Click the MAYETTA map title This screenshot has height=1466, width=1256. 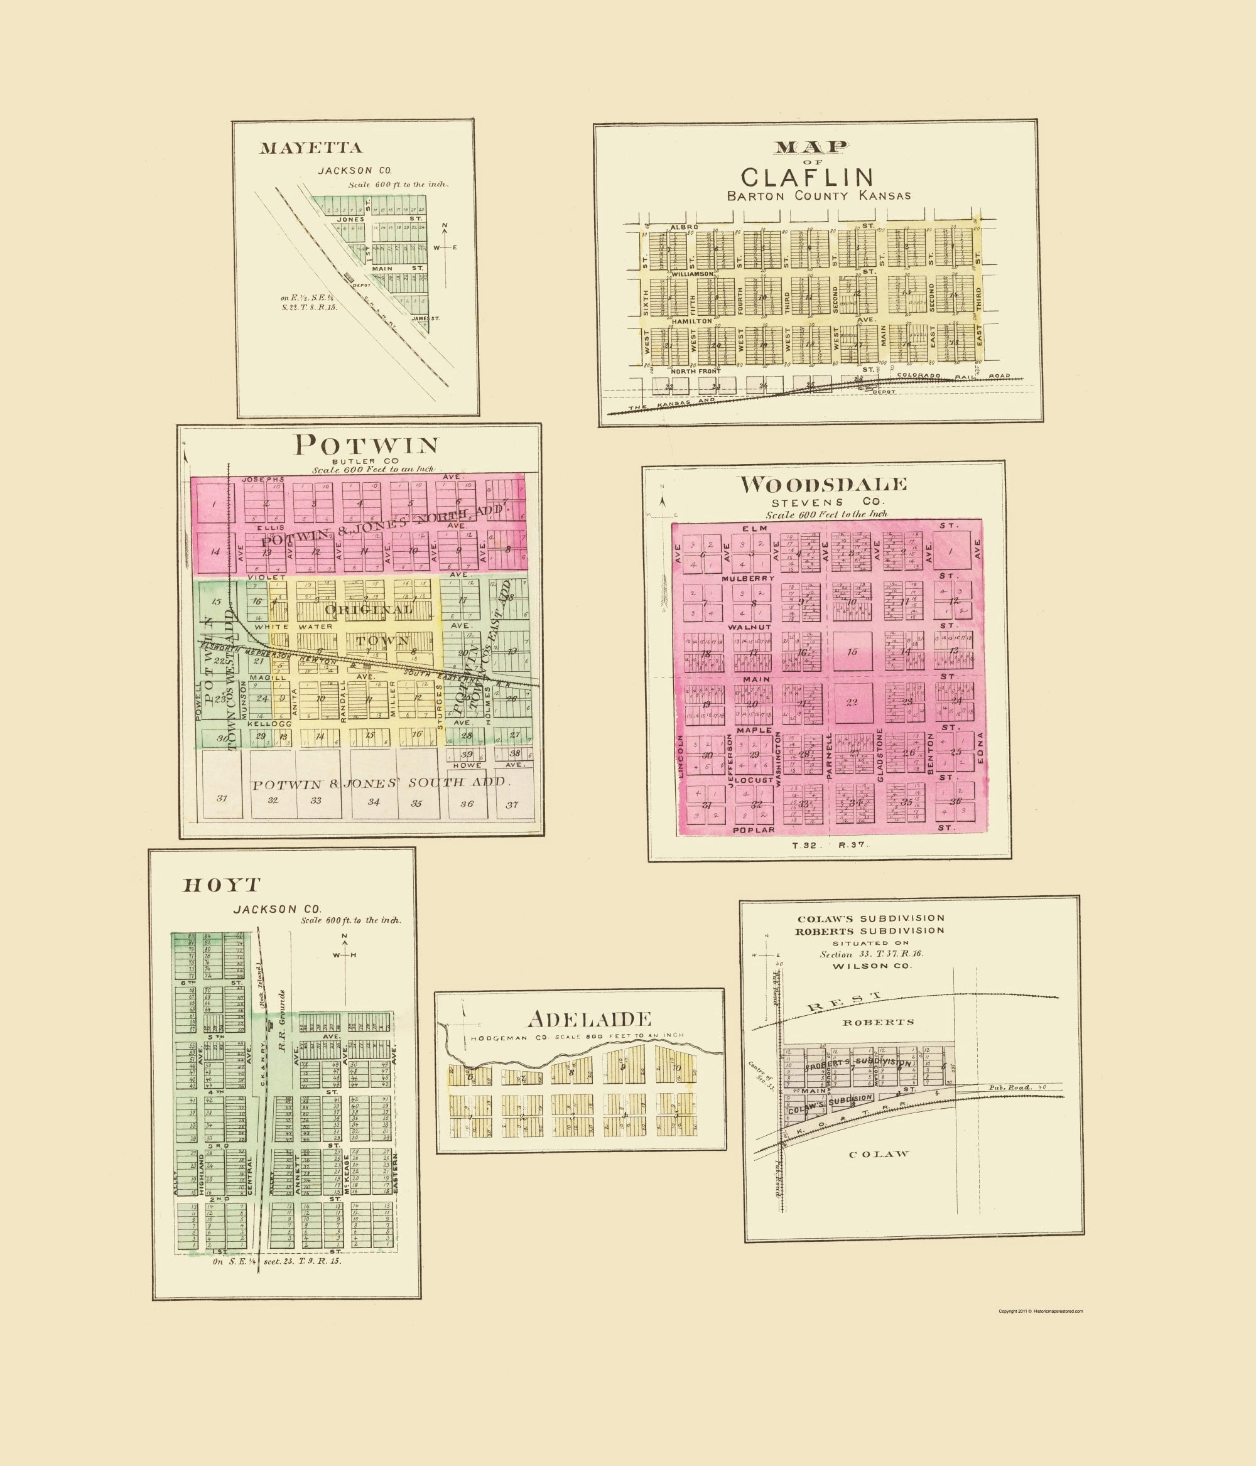pos(311,148)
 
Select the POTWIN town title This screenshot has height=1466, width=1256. pos(367,445)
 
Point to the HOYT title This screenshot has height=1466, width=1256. pos(222,885)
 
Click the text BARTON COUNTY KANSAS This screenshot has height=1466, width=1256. pos(819,196)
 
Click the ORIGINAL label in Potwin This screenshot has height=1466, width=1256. pos(368,609)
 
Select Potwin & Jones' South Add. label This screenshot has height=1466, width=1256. pos(379,782)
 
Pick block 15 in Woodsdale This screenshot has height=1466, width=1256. pos(852,652)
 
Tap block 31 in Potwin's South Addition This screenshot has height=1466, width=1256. pos(222,799)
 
